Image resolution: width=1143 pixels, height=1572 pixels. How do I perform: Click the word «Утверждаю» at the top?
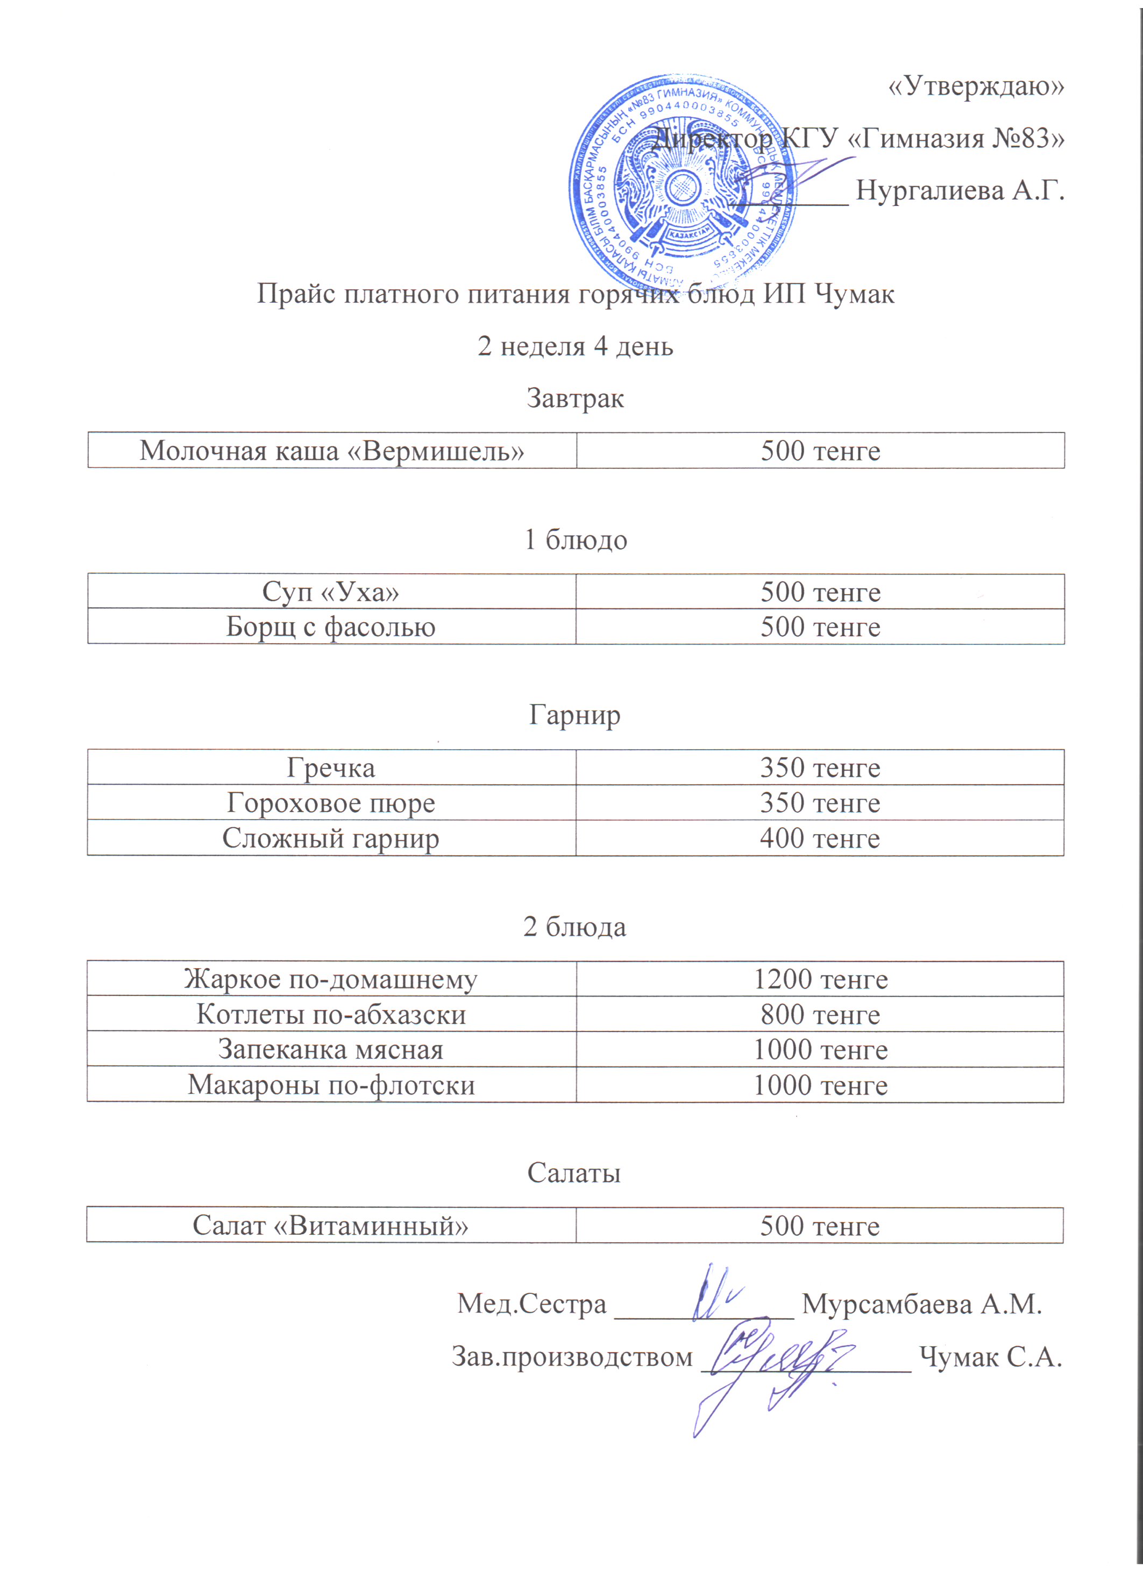pos(975,86)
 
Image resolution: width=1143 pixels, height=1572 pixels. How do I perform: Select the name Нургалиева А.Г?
pos(960,189)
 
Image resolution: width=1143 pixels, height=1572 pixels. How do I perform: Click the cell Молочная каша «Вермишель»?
pos(331,451)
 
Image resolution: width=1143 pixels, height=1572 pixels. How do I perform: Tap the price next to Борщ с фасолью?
pos(820,627)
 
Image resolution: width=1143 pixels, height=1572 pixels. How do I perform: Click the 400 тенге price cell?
pos(820,838)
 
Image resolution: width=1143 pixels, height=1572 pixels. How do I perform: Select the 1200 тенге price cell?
pos(820,979)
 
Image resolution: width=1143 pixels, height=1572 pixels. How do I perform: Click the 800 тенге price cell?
pos(820,1014)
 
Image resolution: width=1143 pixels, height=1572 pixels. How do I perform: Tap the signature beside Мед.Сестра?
pos(714,1293)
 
